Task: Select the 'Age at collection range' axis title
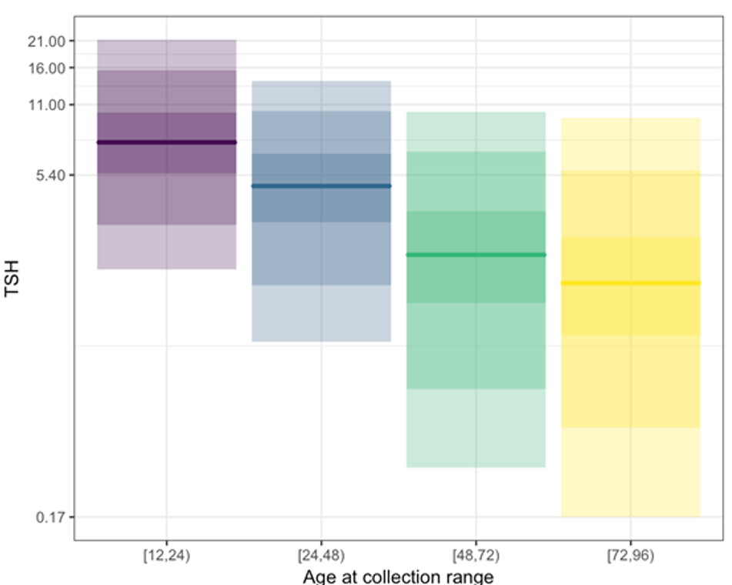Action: [x=398, y=577]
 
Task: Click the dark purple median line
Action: [x=166, y=142]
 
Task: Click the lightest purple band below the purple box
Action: [x=166, y=246]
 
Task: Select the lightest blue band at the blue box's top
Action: [x=321, y=96]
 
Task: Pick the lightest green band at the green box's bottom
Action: [x=476, y=428]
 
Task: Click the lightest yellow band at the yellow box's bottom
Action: [x=630, y=472]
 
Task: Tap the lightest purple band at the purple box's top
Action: [x=166, y=55]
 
